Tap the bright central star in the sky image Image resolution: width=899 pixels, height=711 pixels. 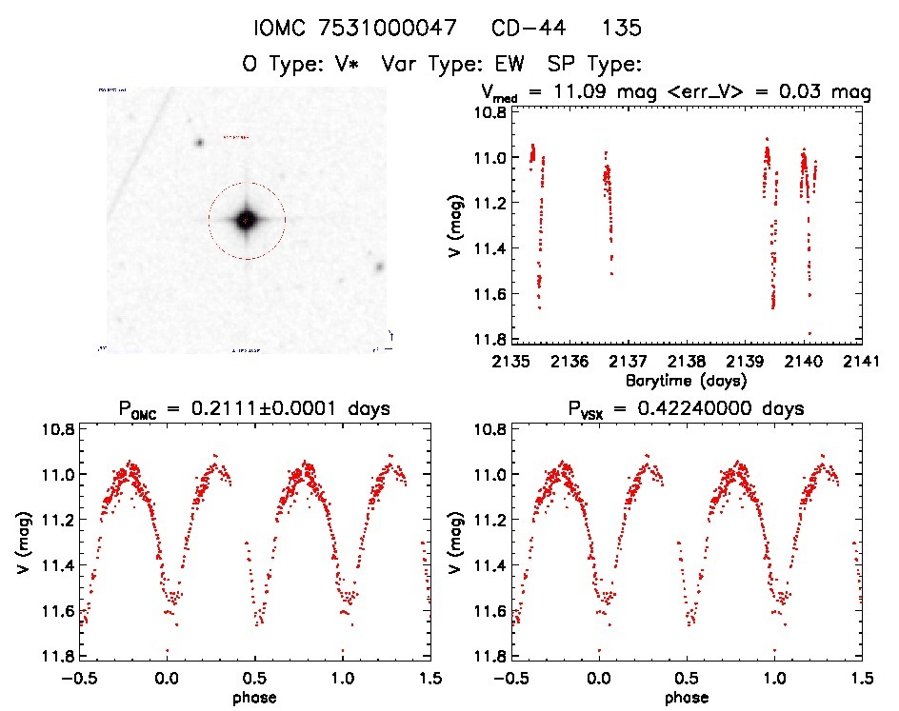click(x=246, y=220)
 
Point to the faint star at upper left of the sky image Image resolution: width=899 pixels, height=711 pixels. click(x=200, y=143)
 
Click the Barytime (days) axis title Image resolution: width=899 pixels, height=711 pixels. click(x=687, y=379)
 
